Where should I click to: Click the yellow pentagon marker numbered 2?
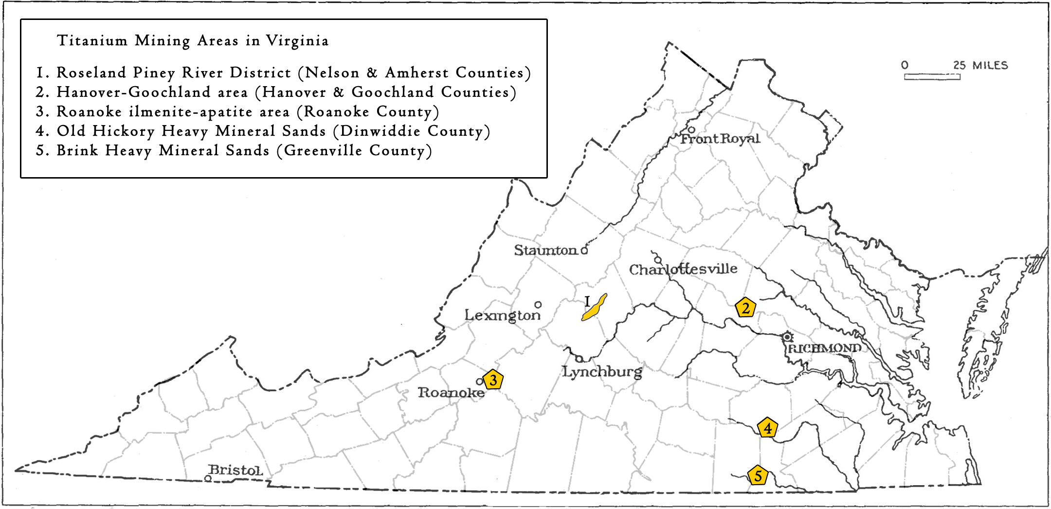coord(745,308)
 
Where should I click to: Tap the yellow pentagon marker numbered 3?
coord(493,380)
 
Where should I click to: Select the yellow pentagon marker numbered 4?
coord(767,428)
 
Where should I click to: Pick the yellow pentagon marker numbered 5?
coord(758,475)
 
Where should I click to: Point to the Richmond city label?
coord(824,348)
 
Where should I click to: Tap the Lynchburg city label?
coord(602,372)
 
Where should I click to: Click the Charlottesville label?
coord(683,269)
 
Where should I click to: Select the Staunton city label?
coord(545,250)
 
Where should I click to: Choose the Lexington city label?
coord(502,315)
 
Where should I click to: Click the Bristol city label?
coord(236,470)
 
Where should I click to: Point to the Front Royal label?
coord(720,139)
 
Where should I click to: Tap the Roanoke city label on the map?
coord(451,392)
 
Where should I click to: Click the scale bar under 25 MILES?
coord(932,76)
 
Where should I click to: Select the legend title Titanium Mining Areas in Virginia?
coord(193,40)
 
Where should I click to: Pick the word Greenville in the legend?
coord(323,150)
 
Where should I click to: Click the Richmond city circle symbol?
coord(787,337)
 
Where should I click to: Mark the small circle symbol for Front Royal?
coord(691,129)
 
